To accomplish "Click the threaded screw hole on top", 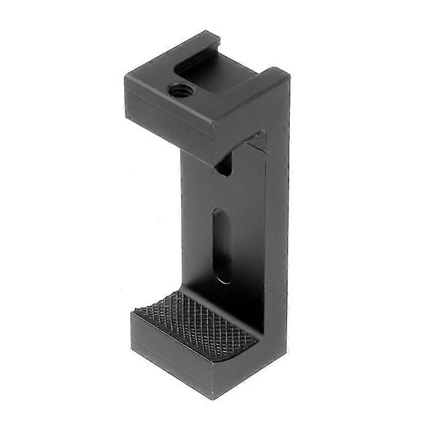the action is point(178,90).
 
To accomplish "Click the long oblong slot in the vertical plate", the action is point(222,246).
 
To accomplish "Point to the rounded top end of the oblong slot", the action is point(220,213).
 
